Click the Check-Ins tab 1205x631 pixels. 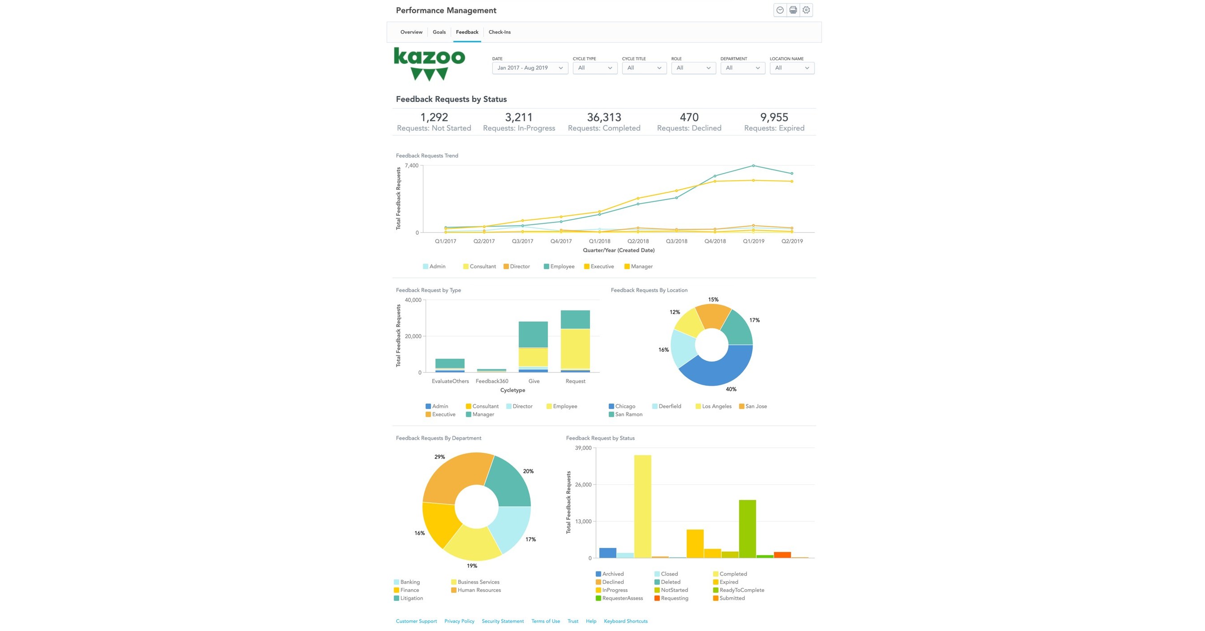click(499, 32)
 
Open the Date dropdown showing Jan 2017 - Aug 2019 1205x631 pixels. click(530, 68)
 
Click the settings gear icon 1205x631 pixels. click(806, 10)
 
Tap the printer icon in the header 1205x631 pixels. click(793, 10)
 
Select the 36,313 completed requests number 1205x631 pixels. click(604, 117)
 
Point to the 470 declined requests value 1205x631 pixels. click(689, 117)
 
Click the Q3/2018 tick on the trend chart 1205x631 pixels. click(676, 241)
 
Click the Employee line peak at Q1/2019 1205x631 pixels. click(753, 166)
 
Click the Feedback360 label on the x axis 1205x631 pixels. click(492, 381)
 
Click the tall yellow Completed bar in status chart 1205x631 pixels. click(642, 505)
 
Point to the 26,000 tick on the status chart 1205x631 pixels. click(583, 485)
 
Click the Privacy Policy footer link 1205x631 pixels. click(459, 621)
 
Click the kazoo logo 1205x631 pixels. click(429, 64)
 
